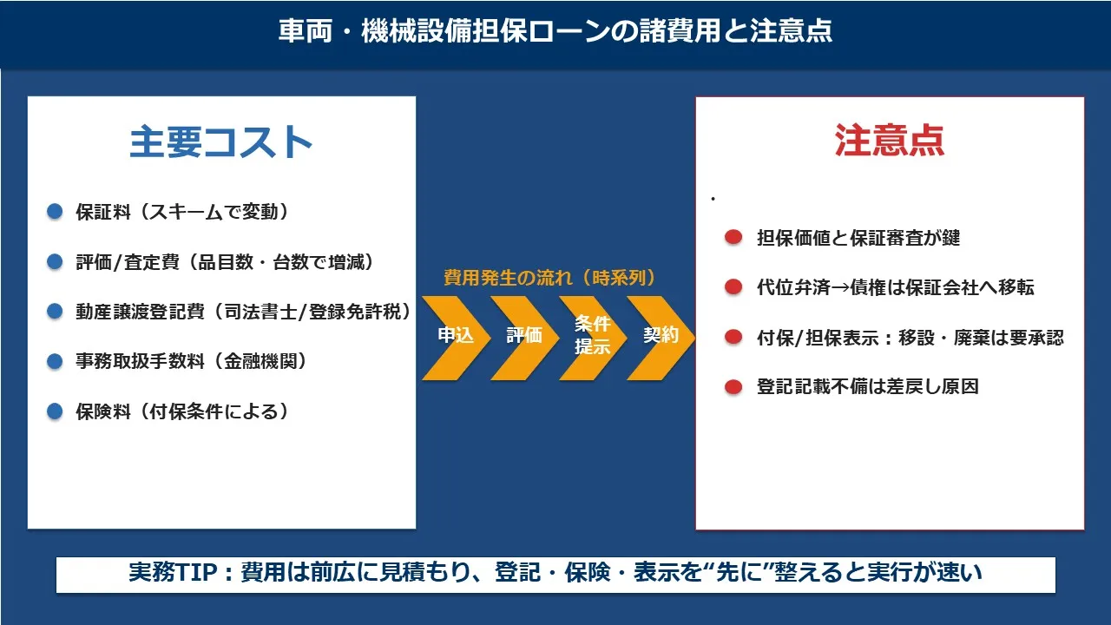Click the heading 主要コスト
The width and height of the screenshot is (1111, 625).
(220, 142)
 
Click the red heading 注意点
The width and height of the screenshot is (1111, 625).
(890, 141)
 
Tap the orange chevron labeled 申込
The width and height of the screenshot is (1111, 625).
(456, 339)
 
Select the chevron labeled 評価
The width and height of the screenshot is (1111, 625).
(524, 339)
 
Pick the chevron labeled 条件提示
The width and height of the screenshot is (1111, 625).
(593, 339)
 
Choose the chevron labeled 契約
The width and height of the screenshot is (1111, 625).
(661, 339)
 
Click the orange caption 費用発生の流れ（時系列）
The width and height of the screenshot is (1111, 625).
(549, 278)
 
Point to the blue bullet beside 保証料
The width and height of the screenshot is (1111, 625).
(55, 211)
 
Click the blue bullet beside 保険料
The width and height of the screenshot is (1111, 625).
(55, 411)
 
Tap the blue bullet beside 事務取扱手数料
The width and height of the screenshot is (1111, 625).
(55, 361)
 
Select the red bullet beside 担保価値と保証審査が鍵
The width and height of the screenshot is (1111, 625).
(733, 237)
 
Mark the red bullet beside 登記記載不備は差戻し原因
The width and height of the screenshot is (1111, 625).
(733, 386)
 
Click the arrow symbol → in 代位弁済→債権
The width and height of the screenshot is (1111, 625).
(840, 287)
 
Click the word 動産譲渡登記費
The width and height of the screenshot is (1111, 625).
(141, 312)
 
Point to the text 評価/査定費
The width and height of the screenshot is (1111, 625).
(128, 262)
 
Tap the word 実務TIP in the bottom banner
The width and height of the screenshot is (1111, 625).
(173, 572)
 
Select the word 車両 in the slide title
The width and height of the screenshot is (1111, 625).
(305, 31)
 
